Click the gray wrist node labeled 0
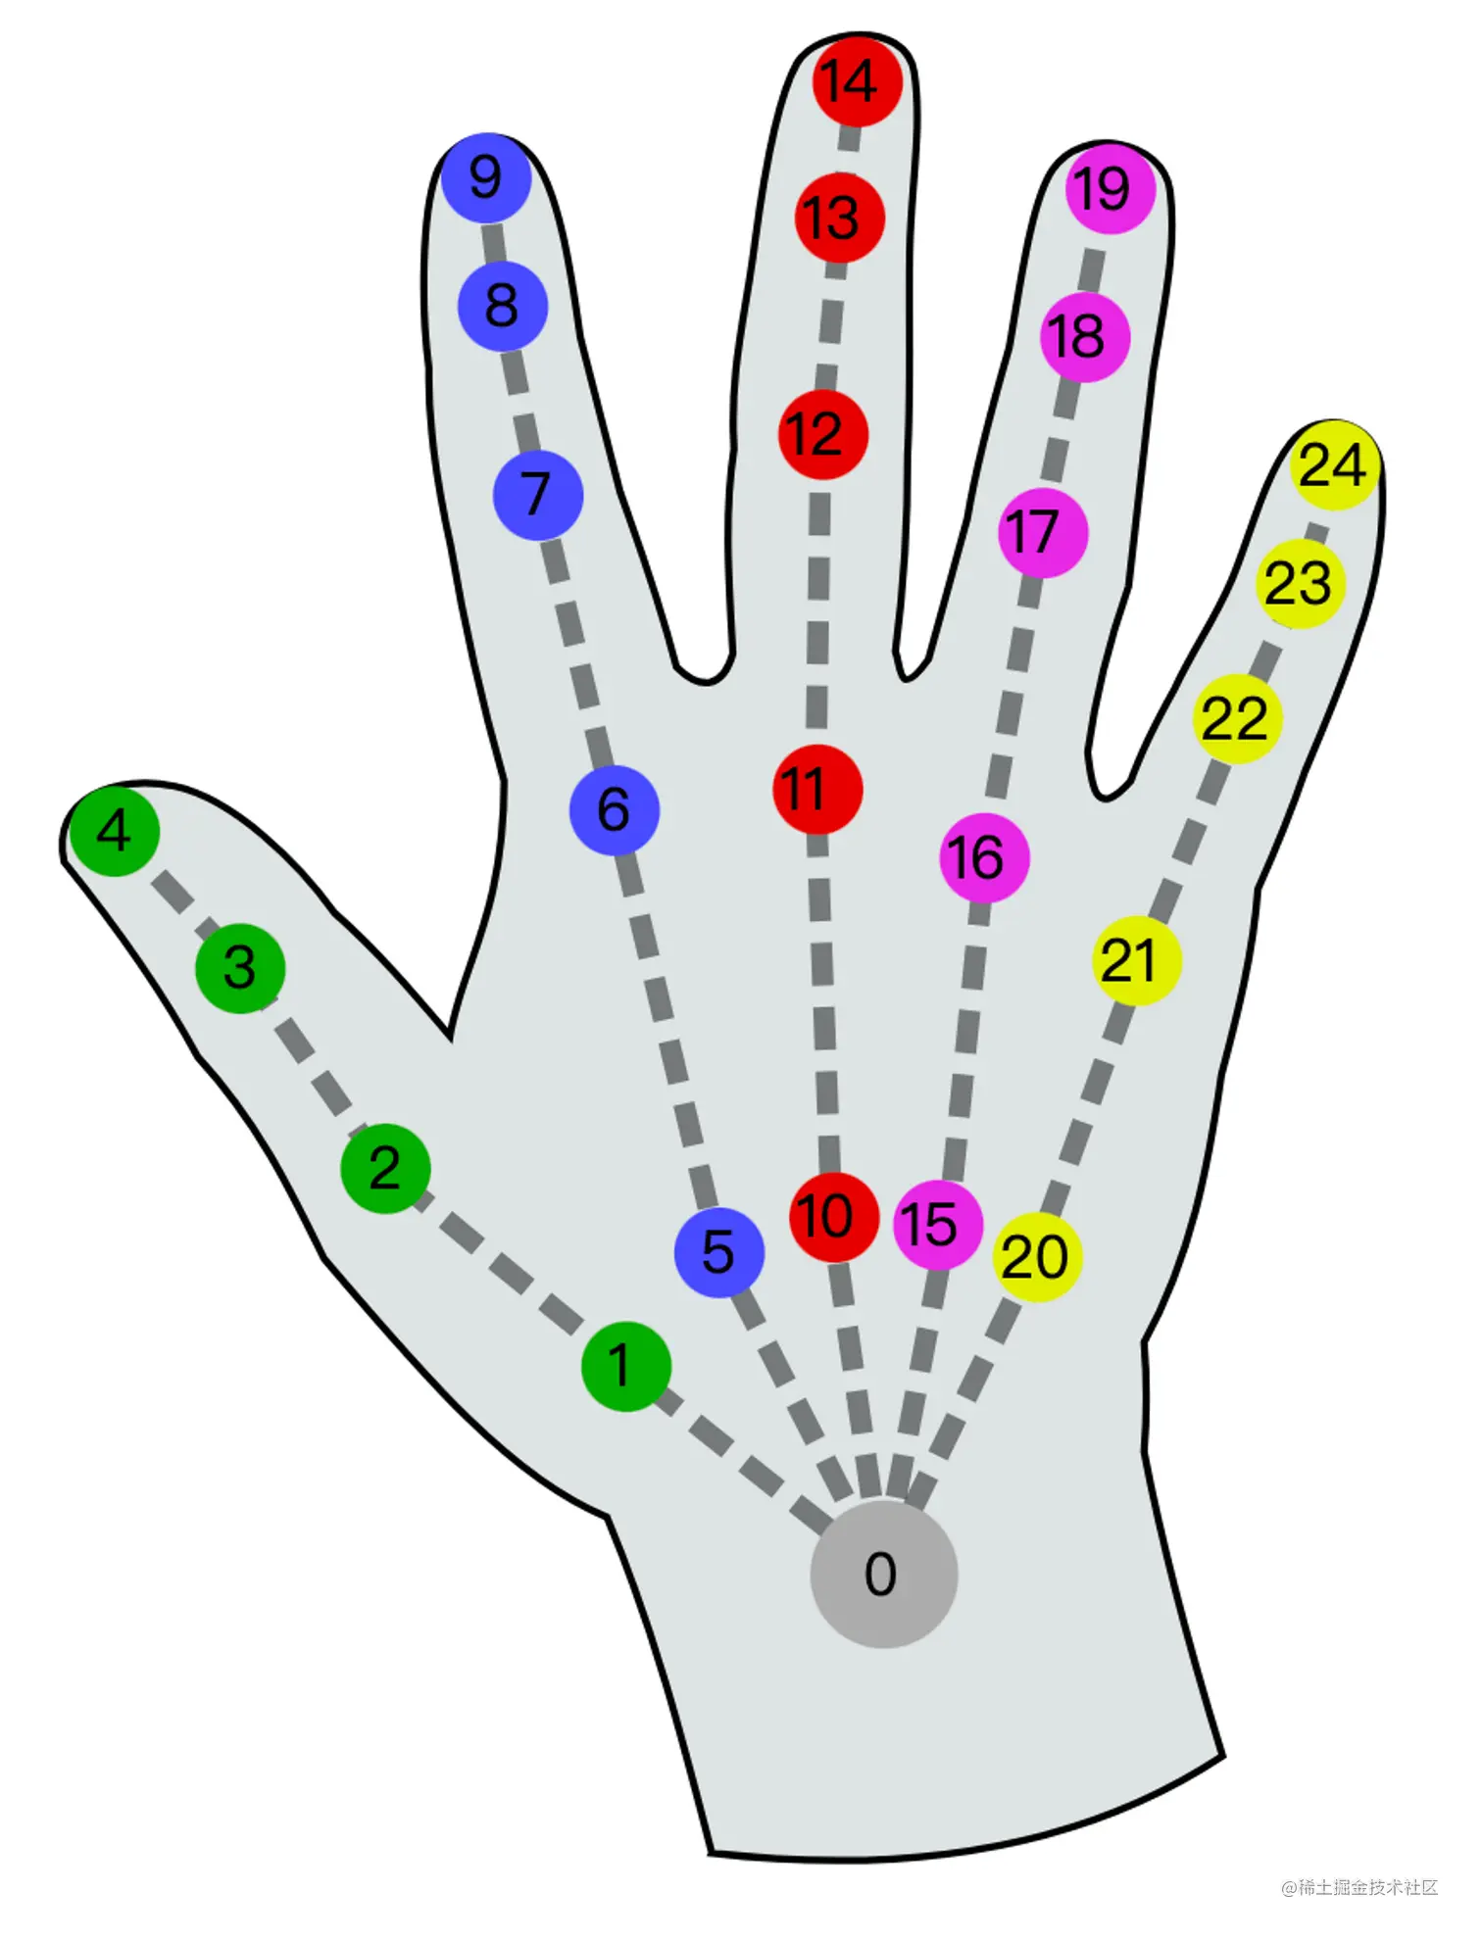(x=883, y=1574)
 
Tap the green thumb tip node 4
(x=115, y=831)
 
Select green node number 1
(x=625, y=1366)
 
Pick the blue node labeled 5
(x=719, y=1252)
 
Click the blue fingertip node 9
(x=486, y=178)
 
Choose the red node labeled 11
(x=817, y=790)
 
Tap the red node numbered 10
(x=833, y=1217)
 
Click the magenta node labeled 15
(x=937, y=1225)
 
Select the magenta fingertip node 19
(x=1111, y=188)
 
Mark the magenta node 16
(x=984, y=858)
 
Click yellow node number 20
(x=1037, y=1257)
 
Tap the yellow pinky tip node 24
(x=1335, y=465)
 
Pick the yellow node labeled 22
(x=1237, y=719)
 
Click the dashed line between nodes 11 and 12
(x=818, y=612)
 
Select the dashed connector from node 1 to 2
(x=506, y=1268)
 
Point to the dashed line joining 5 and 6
(x=667, y=1029)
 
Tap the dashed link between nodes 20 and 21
(x=1086, y=1107)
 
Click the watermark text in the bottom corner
(x=1359, y=1887)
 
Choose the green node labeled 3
(x=240, y=968)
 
